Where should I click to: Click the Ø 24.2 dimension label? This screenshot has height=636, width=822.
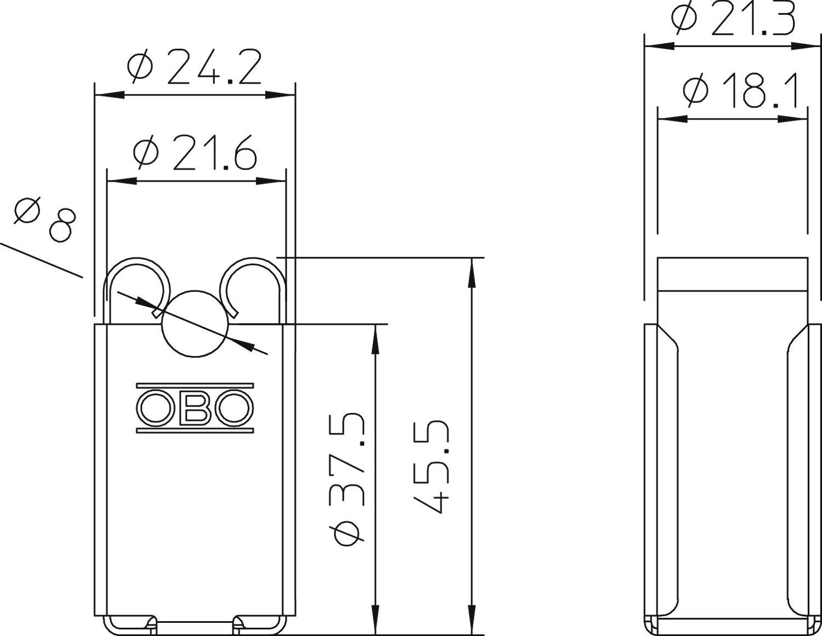(194, 67)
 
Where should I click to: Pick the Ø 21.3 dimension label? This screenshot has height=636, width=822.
(734, 19)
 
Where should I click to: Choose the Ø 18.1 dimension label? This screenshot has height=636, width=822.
(740, 90)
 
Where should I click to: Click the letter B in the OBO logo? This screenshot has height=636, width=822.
(195, 408)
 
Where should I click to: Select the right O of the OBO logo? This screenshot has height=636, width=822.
(234, 408)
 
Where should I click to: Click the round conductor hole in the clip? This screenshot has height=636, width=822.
(195, 324)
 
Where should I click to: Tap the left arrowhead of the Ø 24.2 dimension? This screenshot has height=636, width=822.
(109, 95)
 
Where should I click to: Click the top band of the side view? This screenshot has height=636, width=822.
(733, 273)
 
